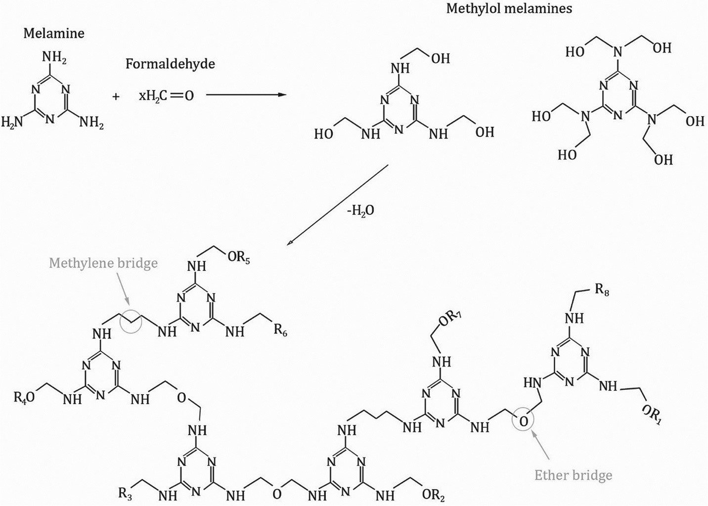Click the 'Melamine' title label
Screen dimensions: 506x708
[54, 34]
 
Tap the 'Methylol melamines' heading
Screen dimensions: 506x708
[509, 8]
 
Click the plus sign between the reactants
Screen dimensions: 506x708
[116, 96]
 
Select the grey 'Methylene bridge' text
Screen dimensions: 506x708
[103, 262]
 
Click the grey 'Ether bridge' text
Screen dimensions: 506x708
[573, 475]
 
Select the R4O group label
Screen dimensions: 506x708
[24, 398]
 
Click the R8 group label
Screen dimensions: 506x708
[602, 291]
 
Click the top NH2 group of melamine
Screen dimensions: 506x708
[54, 59]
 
